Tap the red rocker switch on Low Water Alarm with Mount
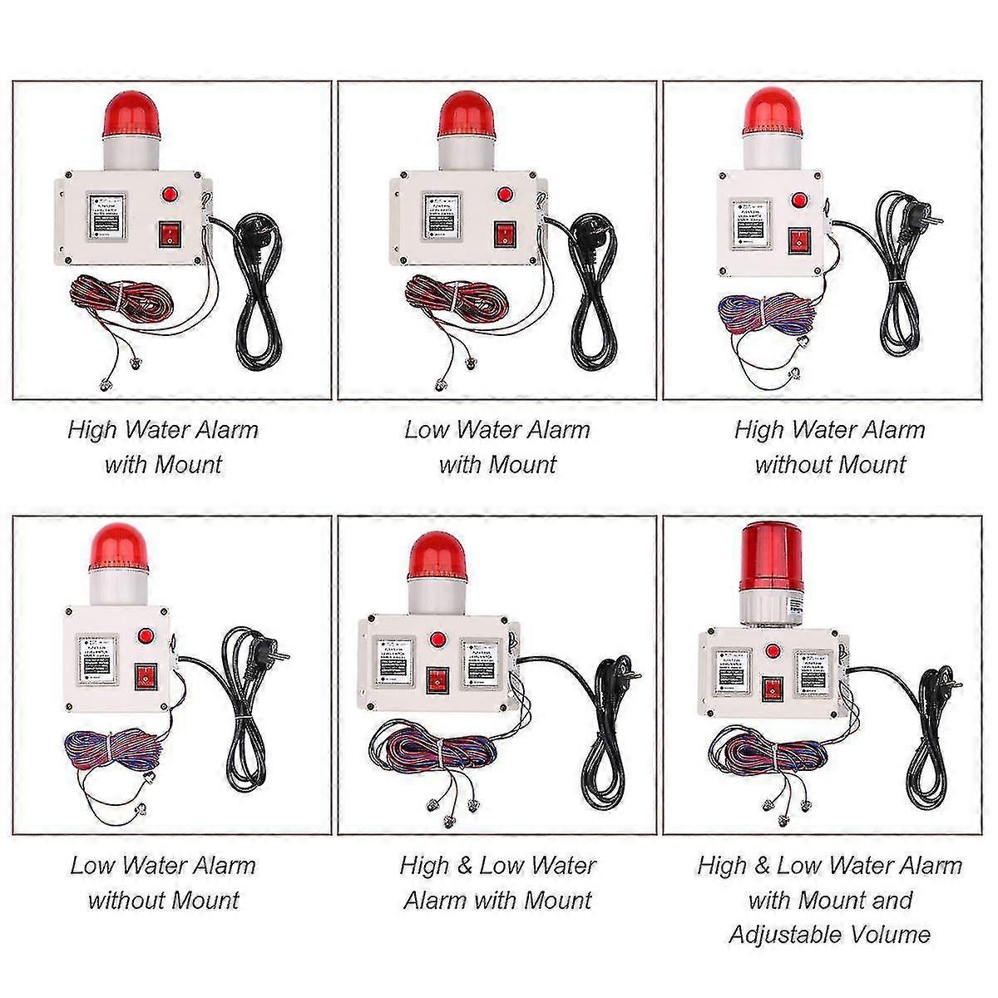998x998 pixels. click(504, 235)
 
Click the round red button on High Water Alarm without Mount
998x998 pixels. click(800, 200)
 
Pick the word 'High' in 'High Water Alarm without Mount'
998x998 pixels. click(758, 430)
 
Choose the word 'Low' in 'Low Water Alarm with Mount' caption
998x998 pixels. click(427, 430)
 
